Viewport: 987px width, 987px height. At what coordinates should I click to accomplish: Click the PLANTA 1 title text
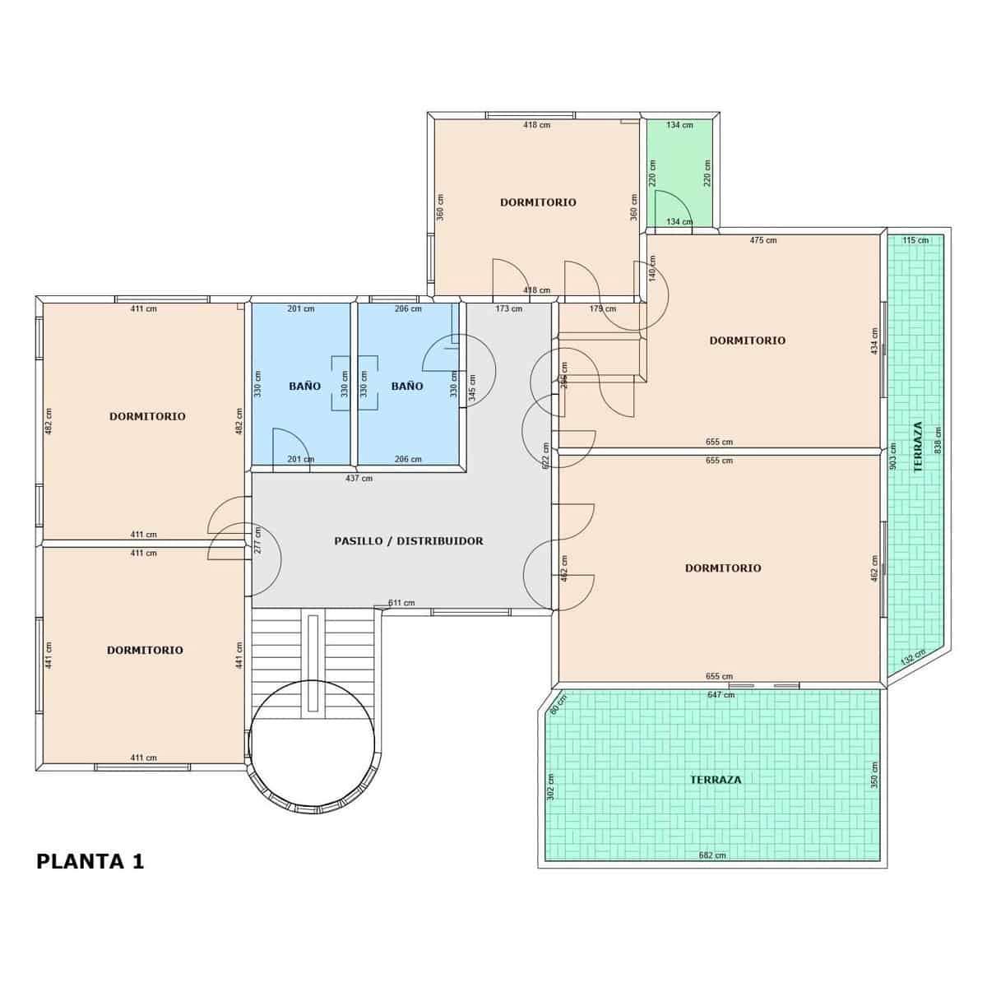90,861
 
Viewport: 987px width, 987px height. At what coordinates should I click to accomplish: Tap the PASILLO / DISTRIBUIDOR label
408,541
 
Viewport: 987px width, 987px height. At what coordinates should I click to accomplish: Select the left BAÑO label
304,386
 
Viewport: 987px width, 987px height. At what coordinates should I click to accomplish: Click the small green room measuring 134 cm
679,173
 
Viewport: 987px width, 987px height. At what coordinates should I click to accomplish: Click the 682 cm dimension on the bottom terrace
711,855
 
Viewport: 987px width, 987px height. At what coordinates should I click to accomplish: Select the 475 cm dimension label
762,240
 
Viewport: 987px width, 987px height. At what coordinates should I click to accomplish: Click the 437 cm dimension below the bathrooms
359,478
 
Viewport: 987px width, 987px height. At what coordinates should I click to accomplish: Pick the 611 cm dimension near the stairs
401,603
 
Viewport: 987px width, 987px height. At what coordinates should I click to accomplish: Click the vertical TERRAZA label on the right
917,447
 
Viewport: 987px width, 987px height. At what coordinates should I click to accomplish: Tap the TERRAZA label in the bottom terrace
715,780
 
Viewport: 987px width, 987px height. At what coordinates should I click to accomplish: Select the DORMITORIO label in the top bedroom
538,202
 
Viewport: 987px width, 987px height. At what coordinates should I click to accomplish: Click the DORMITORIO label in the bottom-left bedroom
145,650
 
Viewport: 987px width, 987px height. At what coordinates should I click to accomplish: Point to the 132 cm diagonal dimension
912,657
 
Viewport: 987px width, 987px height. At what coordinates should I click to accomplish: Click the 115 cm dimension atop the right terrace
915,240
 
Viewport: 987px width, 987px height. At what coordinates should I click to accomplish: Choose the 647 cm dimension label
721,695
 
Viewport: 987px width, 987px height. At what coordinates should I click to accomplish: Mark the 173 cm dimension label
508,308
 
